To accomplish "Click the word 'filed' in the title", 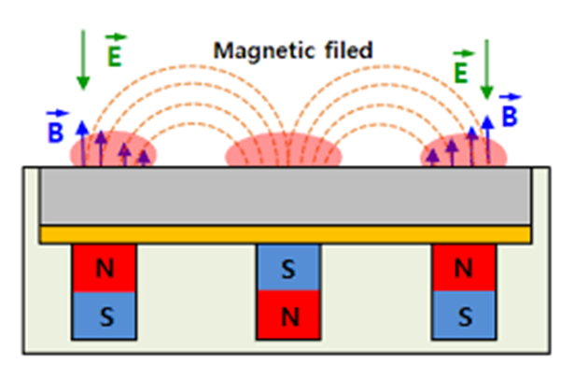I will [x=346, y=49].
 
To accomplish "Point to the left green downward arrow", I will [x=83, y=61].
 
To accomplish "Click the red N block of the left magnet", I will [x=105, y=269].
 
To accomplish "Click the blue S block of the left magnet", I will [x=105, y=315].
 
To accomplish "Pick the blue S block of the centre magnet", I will [x=289, y=268].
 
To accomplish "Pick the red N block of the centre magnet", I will [x=289, y=315].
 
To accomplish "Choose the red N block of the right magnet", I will [x=465, y=269].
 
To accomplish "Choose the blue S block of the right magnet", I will [x=465, y=315].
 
